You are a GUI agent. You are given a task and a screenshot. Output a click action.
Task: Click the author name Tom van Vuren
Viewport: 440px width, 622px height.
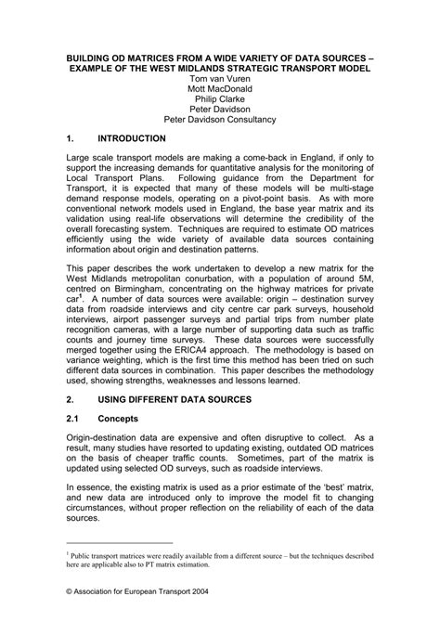(219, 79)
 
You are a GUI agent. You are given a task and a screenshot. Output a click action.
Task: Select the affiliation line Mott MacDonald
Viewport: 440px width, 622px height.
(219, 92)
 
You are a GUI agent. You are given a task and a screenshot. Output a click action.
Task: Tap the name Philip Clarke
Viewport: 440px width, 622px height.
(219, 105)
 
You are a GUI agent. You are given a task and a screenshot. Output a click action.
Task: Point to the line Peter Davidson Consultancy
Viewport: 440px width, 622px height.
(219, 119)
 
